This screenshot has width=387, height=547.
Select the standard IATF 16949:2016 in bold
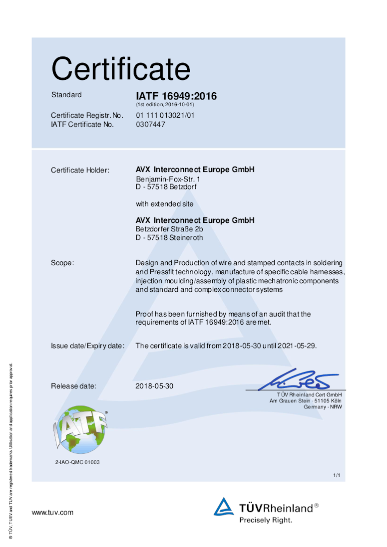pyautogui.click(x=176, y=96)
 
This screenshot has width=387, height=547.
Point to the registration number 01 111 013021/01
pyautogui.click(x=165, y=116)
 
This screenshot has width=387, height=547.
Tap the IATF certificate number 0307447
pyautogui.click(x=150, y=124)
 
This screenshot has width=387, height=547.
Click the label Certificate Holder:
pyautogui.click(x=80, y=171)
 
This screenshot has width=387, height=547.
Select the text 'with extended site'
pyautogui.click(x=164, y=204)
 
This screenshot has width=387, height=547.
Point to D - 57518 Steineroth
pyautogui.click(x=169, y=237)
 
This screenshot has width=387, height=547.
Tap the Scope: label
pyautogui.click(x=62, y=263)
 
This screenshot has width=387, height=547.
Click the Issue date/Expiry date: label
pyautogui.click(x=87, y=346)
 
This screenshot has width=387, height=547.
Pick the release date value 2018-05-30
pyautogui.click(x=155, y=386)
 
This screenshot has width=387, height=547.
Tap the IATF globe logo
pyautogui.click(x=80, y=429)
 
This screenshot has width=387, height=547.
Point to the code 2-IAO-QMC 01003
pyautogui.click(x=77, y=462)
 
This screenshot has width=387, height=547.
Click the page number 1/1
pyautogui.click(x=337, y=476)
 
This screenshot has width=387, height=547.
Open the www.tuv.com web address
pyautogui.click(x=52, y=513)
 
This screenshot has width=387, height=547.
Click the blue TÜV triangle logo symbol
pyautogui.click(x=224, y=507)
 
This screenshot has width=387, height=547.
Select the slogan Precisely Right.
pyautogui.click(x=266, y=520)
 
